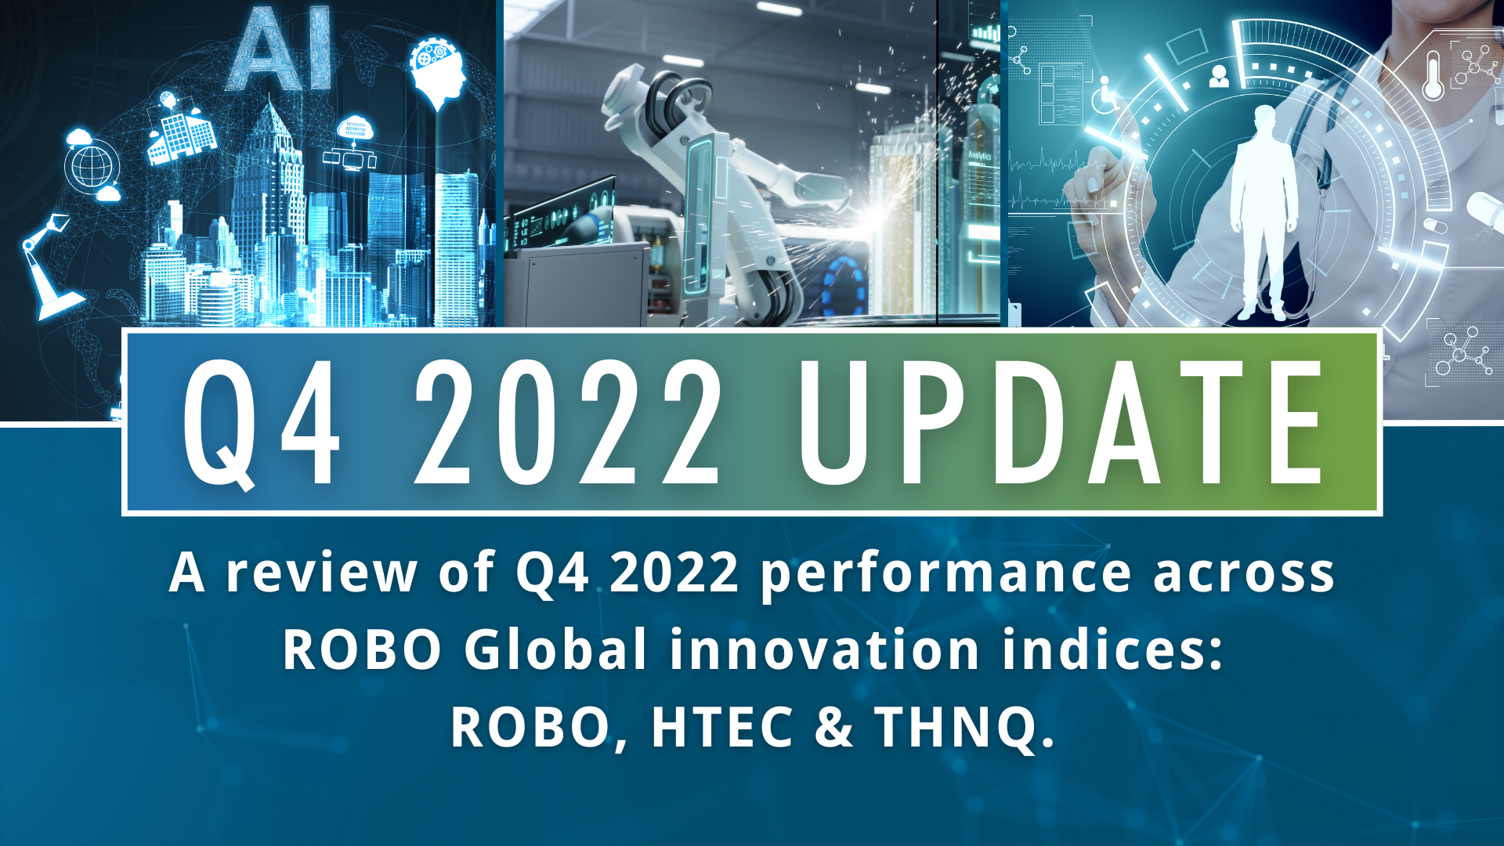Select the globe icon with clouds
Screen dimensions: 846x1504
92,166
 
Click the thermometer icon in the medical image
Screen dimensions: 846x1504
1433,75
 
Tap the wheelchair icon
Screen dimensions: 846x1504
1104,94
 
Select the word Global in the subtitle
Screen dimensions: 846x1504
555,650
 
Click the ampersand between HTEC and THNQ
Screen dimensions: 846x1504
833,727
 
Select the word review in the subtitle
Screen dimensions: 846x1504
321,573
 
